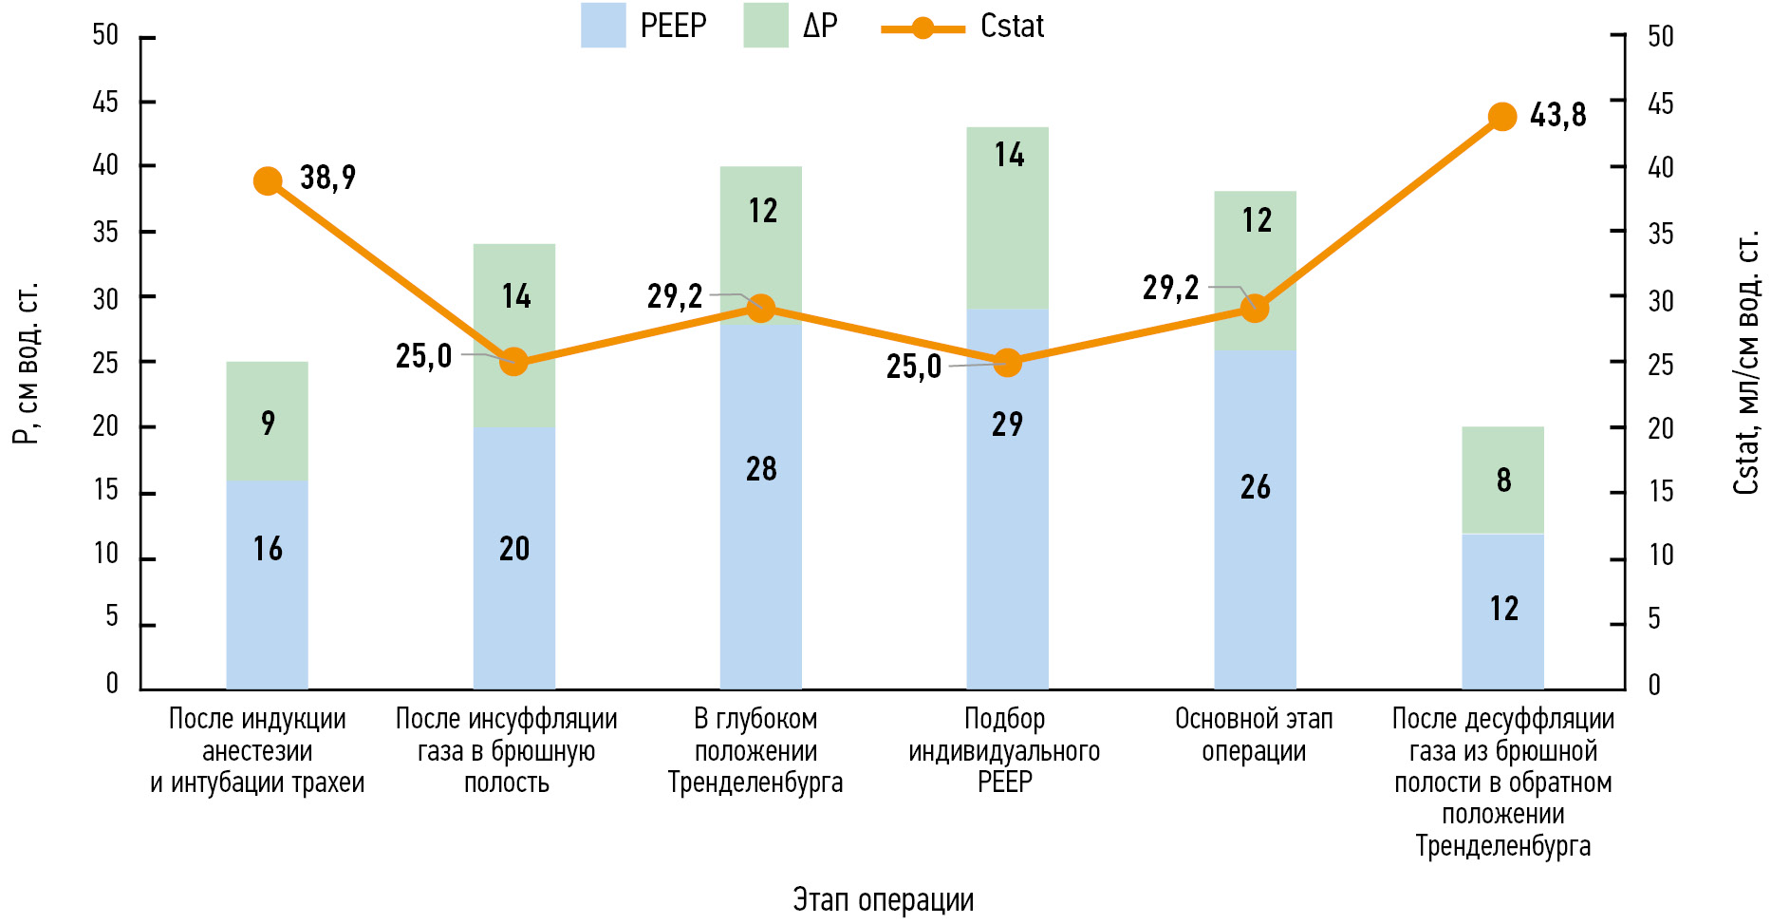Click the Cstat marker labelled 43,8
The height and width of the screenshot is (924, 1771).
pos(1501,117)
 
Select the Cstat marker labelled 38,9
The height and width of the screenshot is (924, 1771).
pos(268,180)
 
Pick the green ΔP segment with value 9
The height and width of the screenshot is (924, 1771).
pos(267,421)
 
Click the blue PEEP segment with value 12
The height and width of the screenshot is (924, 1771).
pos(1502,611)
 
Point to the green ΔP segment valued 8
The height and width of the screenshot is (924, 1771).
pos(1502,480)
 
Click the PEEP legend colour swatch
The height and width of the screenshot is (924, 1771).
pos(603,26)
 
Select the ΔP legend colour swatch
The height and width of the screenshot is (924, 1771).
pos(765,26)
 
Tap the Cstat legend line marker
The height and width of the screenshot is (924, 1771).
pos(923,28)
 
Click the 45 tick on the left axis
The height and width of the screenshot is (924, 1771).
pos(105,102)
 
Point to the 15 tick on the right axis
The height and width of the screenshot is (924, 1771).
pos(1660,492)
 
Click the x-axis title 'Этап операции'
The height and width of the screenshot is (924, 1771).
pos(883,899)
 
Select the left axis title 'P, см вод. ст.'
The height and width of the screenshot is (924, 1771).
pos(26,363)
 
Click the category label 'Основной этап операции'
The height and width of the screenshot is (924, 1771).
pos(1254,735)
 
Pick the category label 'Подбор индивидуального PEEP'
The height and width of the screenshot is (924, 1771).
pos(1004,750)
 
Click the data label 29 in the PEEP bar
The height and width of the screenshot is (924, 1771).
pos(1007,424)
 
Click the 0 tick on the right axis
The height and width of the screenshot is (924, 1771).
pos(1654,685)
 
